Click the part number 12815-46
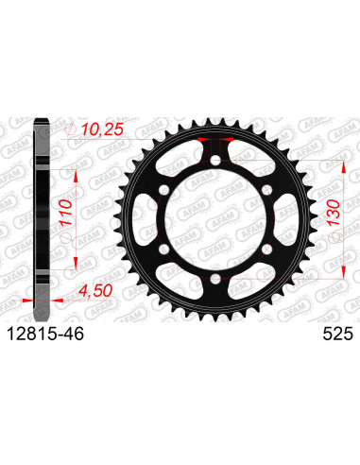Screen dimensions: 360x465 click(45, 334)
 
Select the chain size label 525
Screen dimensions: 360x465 click(337, 334)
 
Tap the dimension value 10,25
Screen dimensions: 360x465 click(102, 129)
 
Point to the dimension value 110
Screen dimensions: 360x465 click(66, 213)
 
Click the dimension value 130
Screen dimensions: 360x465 click(334, 213)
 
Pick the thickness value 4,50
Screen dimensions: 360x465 click(95, 291)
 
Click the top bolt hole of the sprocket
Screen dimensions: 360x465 click(215, 160)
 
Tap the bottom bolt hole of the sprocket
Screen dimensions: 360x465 click(215, 278)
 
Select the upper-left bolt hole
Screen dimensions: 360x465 click(164, 190)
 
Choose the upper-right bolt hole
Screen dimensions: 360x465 click(266, 190)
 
